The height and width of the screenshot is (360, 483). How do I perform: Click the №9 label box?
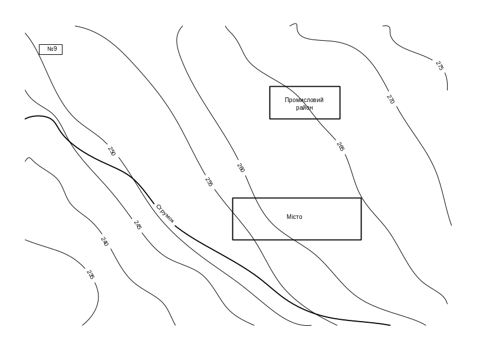tap(51, 49)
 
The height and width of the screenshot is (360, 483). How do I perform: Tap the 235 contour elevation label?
tap(90, 274)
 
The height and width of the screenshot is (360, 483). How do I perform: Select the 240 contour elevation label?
tap(104, 242)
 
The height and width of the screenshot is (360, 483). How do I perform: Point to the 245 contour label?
tap(137, 225)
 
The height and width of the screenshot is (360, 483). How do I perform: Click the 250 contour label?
tap(111, 151)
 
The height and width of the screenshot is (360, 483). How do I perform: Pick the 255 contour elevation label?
tap(209, 182)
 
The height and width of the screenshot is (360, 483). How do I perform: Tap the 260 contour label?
tap(241, 168)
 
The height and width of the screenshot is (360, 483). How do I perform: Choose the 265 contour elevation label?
tap(340, 146)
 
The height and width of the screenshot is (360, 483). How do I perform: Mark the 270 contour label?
tap(390, 100)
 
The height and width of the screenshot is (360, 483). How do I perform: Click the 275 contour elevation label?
tap(439, 66)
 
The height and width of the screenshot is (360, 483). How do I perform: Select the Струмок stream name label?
tap(166, 215)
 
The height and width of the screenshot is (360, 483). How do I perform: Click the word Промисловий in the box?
tap(304, 100)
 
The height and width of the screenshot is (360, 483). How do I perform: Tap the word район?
tap(304, 107)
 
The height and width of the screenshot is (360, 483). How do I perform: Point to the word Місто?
tap(295, 217)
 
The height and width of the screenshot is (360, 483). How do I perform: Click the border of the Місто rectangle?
tap(232, 219)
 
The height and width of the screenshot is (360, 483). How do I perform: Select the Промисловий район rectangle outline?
tap(270, 103)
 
